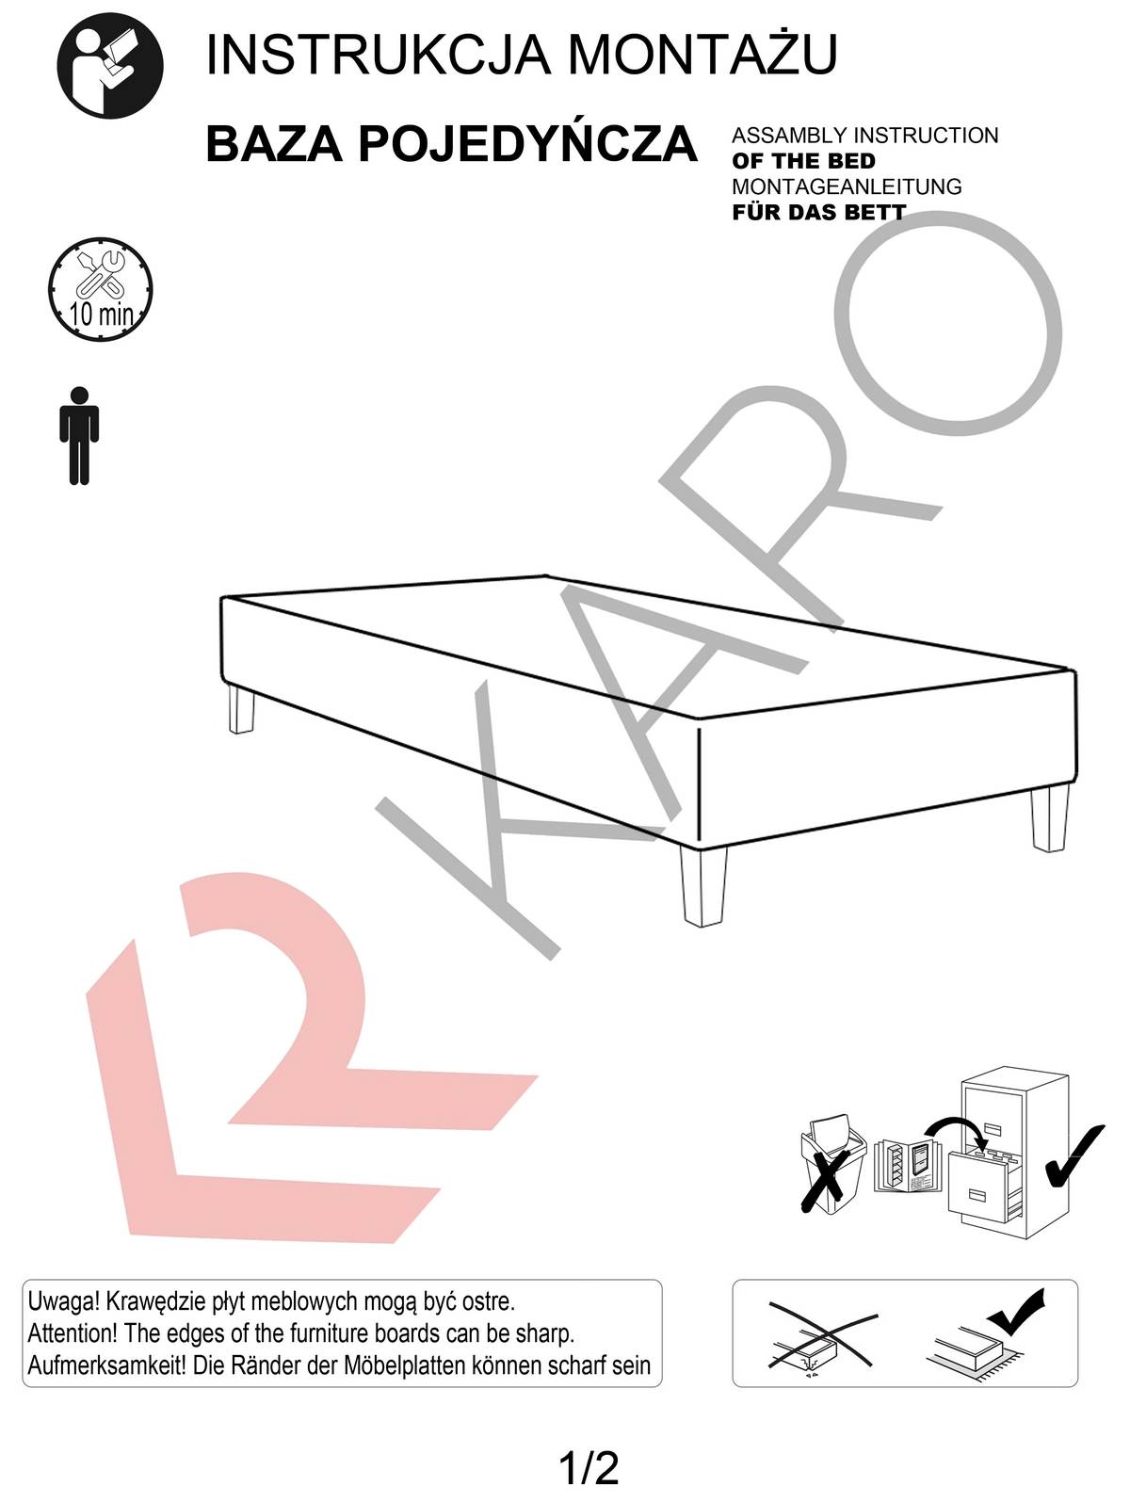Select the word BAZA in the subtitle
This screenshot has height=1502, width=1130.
click(274, 144)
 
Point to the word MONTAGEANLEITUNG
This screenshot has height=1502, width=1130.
click(847, 186)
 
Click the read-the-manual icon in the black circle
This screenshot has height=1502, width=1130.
click(110, 65)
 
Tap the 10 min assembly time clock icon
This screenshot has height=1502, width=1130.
click(101, 290)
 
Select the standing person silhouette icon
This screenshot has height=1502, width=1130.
click(79, 436)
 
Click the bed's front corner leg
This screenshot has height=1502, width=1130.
click(702, 886)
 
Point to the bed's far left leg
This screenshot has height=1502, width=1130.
click(241, 711)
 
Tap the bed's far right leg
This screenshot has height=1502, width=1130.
click(1050, 818)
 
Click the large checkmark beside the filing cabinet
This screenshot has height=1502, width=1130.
click(1075, 1155)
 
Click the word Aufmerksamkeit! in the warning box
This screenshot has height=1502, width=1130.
click(106, 1365)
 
